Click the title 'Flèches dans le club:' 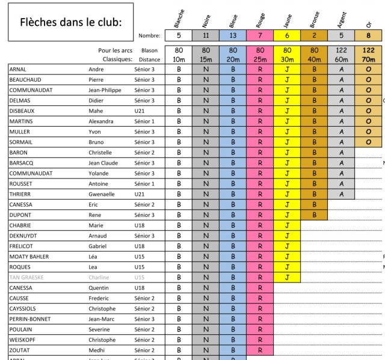pos(71,23)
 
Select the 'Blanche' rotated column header pos(179,20)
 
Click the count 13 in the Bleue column pos(233,35)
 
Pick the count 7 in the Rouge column pos(260,35)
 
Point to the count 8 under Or pos(368,35)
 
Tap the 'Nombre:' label pos(149,35)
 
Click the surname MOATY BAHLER pos(29,257)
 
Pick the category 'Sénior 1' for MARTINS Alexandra pos(144,121)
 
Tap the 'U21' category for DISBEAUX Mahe pos(140,111)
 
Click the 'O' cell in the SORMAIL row pos(368,142)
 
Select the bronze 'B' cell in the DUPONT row pos(314,215)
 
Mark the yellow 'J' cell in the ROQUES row pos(287,267)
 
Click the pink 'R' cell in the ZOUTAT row pos(260,350)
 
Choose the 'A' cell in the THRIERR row pos(341,194)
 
